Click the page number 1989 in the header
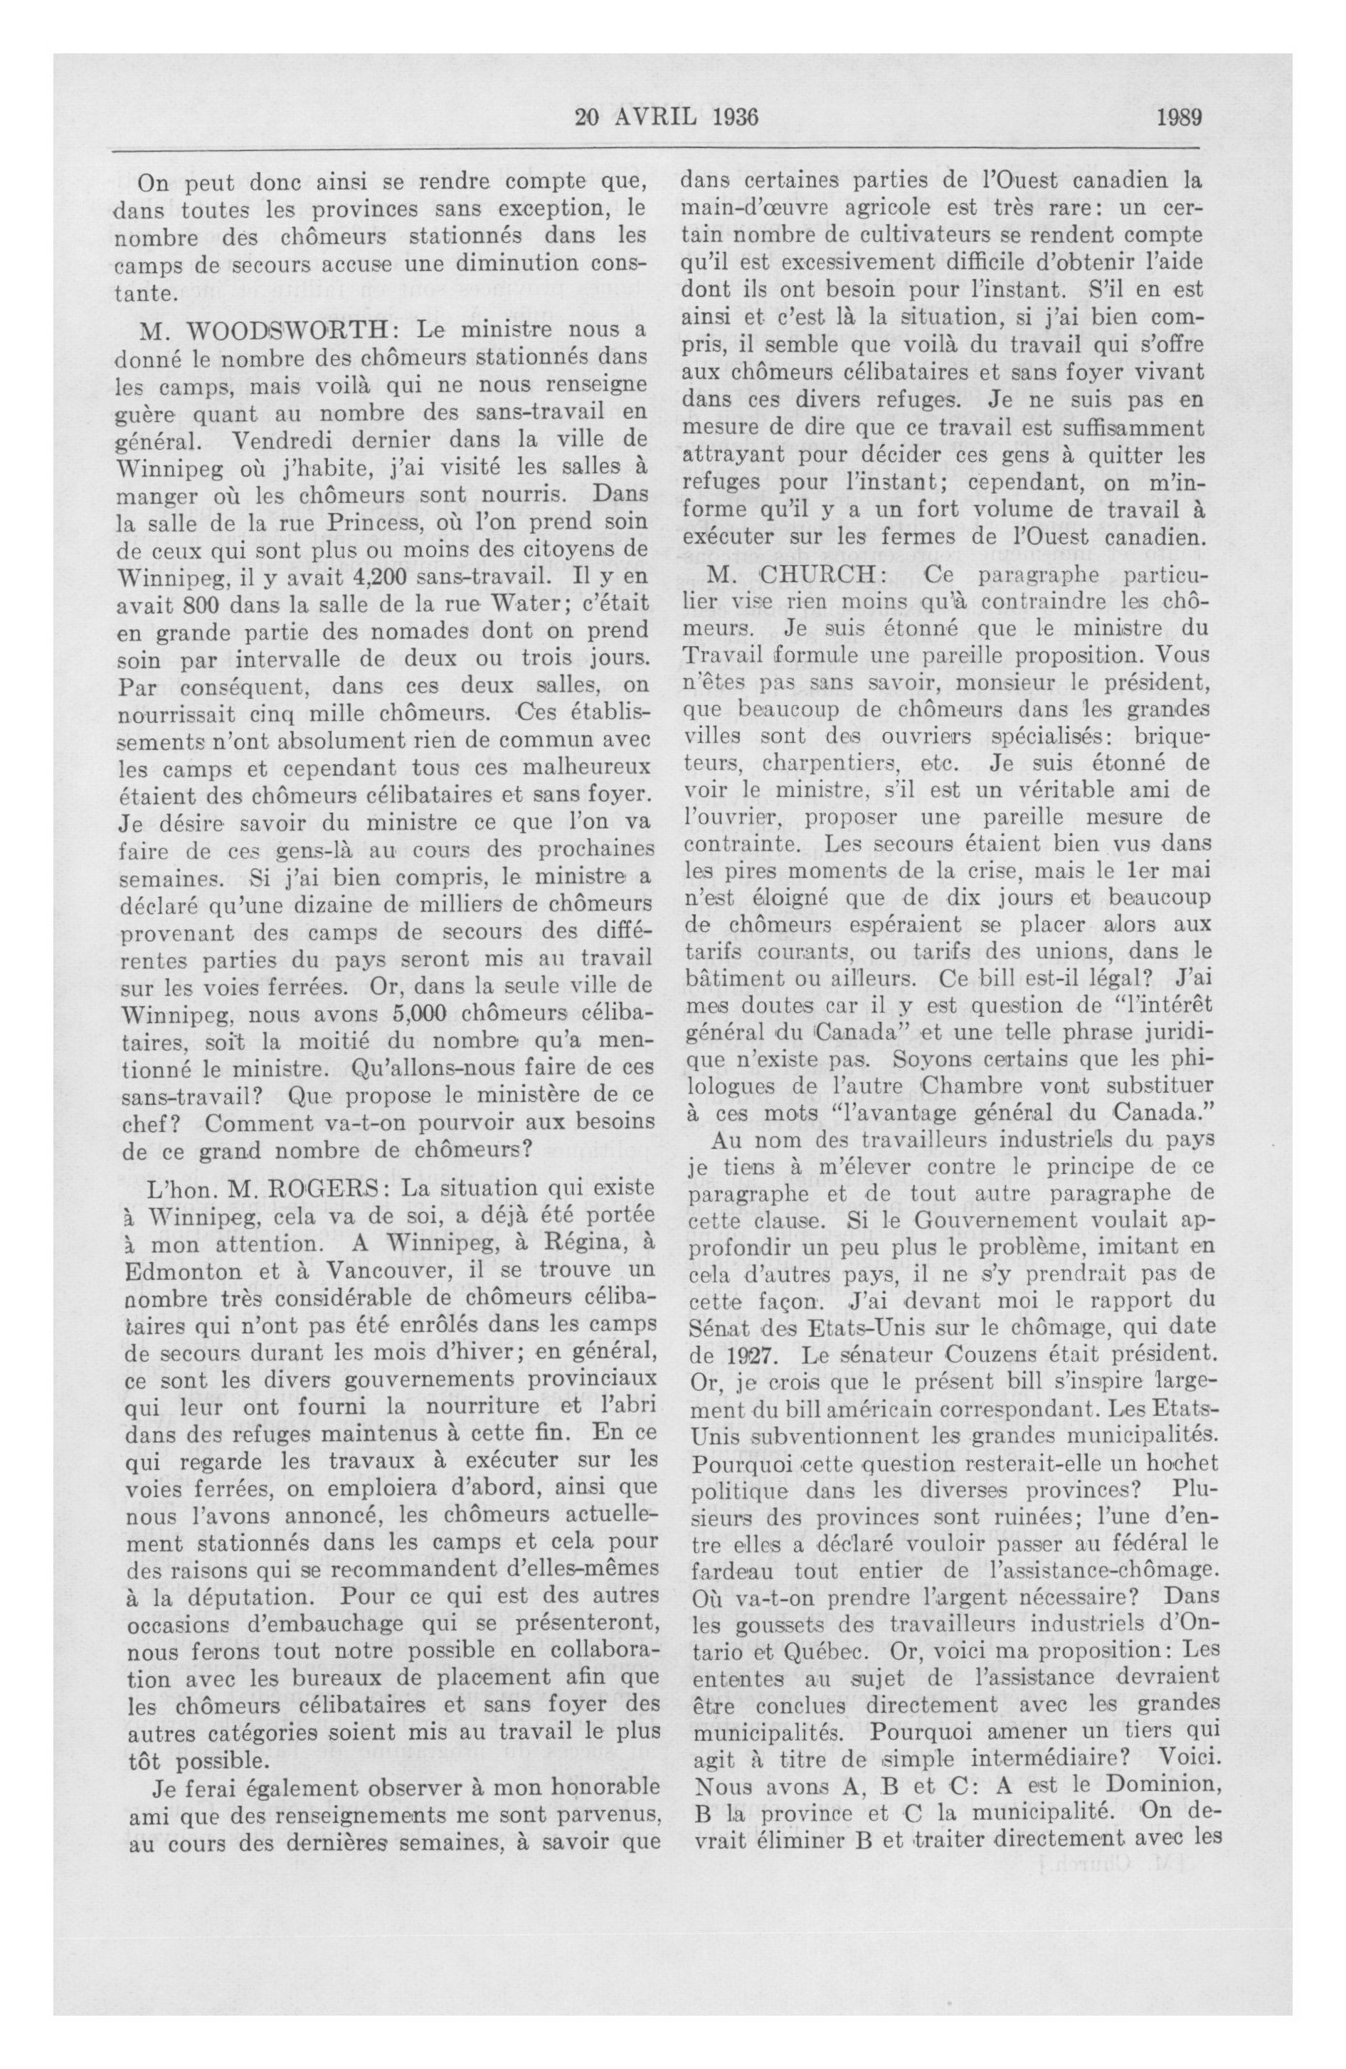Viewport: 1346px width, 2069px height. click(1177, 117)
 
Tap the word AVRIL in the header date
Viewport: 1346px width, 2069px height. click(650, 117)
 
